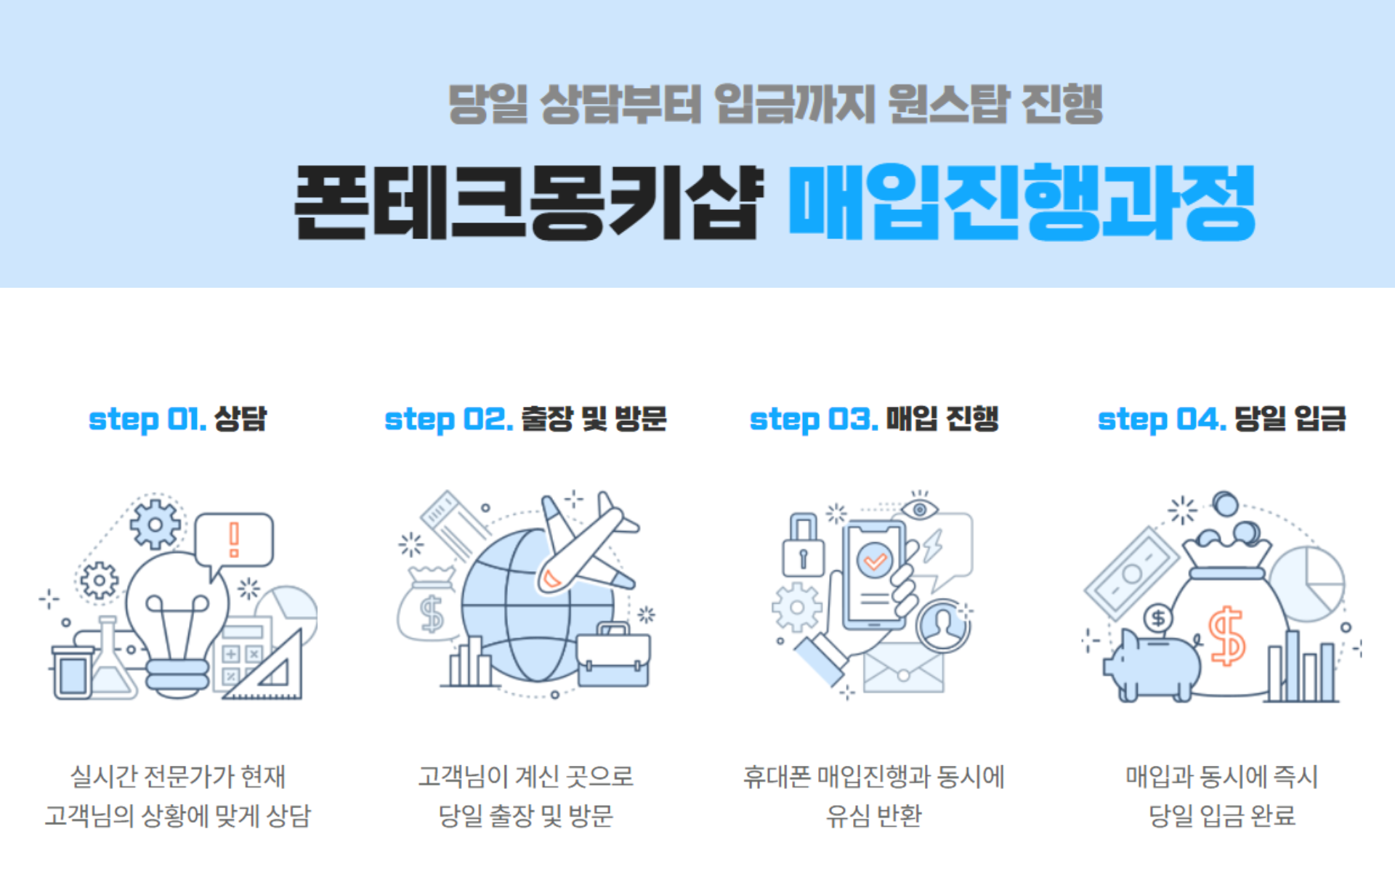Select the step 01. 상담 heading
coord(178,419)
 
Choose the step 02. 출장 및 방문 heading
coord(525,419)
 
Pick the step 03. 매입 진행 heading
coord(874,419)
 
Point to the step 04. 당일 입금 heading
coord(1221,419)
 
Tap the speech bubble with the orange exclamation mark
coord(234,540)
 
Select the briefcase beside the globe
coord(613,658)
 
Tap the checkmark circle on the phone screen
coord(875,560)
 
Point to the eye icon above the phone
coord(920,509)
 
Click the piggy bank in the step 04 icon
coord(1152,665)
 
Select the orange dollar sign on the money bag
coord(1226,637)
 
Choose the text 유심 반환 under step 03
coord(874,815)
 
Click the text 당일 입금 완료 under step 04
coord(1221,815)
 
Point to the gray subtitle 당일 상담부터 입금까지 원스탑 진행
coord(775,104)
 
